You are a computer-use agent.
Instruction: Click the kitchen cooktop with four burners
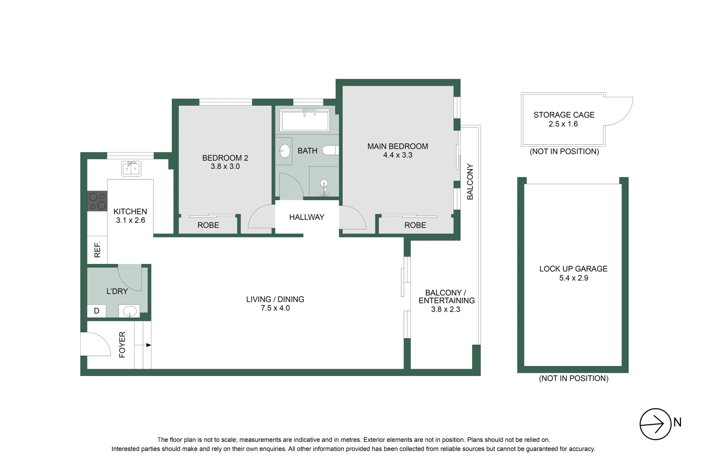97,201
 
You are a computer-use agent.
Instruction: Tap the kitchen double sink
131,168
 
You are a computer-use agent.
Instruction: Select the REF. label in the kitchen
97,250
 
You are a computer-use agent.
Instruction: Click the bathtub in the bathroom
305,120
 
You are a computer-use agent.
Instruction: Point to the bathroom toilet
331,150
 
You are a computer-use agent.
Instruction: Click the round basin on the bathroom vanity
285,151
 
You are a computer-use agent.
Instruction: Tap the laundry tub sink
130,311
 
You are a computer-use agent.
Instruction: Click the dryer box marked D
97,311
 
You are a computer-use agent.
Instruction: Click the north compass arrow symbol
655,423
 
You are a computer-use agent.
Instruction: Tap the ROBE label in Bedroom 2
208,226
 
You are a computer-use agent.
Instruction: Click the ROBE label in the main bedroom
415,226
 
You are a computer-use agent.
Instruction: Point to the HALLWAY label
307,217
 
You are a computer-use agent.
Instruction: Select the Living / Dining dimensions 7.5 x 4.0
275,308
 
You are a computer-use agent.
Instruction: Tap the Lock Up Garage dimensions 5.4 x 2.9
573,278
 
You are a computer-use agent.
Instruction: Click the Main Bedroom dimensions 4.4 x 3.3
398,155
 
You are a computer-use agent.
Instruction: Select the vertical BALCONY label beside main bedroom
470,182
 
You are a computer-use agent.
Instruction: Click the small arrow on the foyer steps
148,345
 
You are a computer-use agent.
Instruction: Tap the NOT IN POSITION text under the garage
573,378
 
